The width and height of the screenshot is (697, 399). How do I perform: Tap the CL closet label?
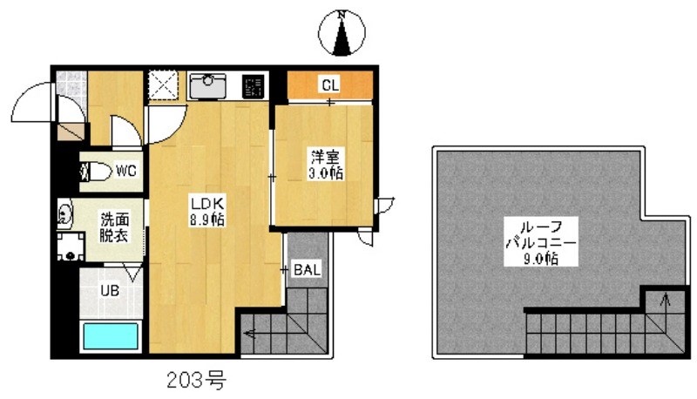click(x=330, y=85)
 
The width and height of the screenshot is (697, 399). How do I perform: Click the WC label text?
click(x=125, y=171)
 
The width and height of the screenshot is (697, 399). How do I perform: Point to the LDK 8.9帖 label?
click(x=208, y=212)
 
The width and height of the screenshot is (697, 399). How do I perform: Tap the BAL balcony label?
click(x=307, y=270)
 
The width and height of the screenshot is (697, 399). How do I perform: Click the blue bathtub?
click(x=111, y=335)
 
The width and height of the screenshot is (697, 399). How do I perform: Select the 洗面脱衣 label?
click(x=114, y=227)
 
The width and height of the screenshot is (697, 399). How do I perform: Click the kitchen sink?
click(x=208, y=85)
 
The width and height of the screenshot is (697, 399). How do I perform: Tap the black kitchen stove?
click(x=254, y=86)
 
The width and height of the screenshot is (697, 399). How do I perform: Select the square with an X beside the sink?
click(x=162, y=85)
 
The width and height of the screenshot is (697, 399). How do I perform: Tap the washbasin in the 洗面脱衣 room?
click(x=64, y=214)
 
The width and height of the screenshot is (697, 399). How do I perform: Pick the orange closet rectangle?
click(x=330, y=85)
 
